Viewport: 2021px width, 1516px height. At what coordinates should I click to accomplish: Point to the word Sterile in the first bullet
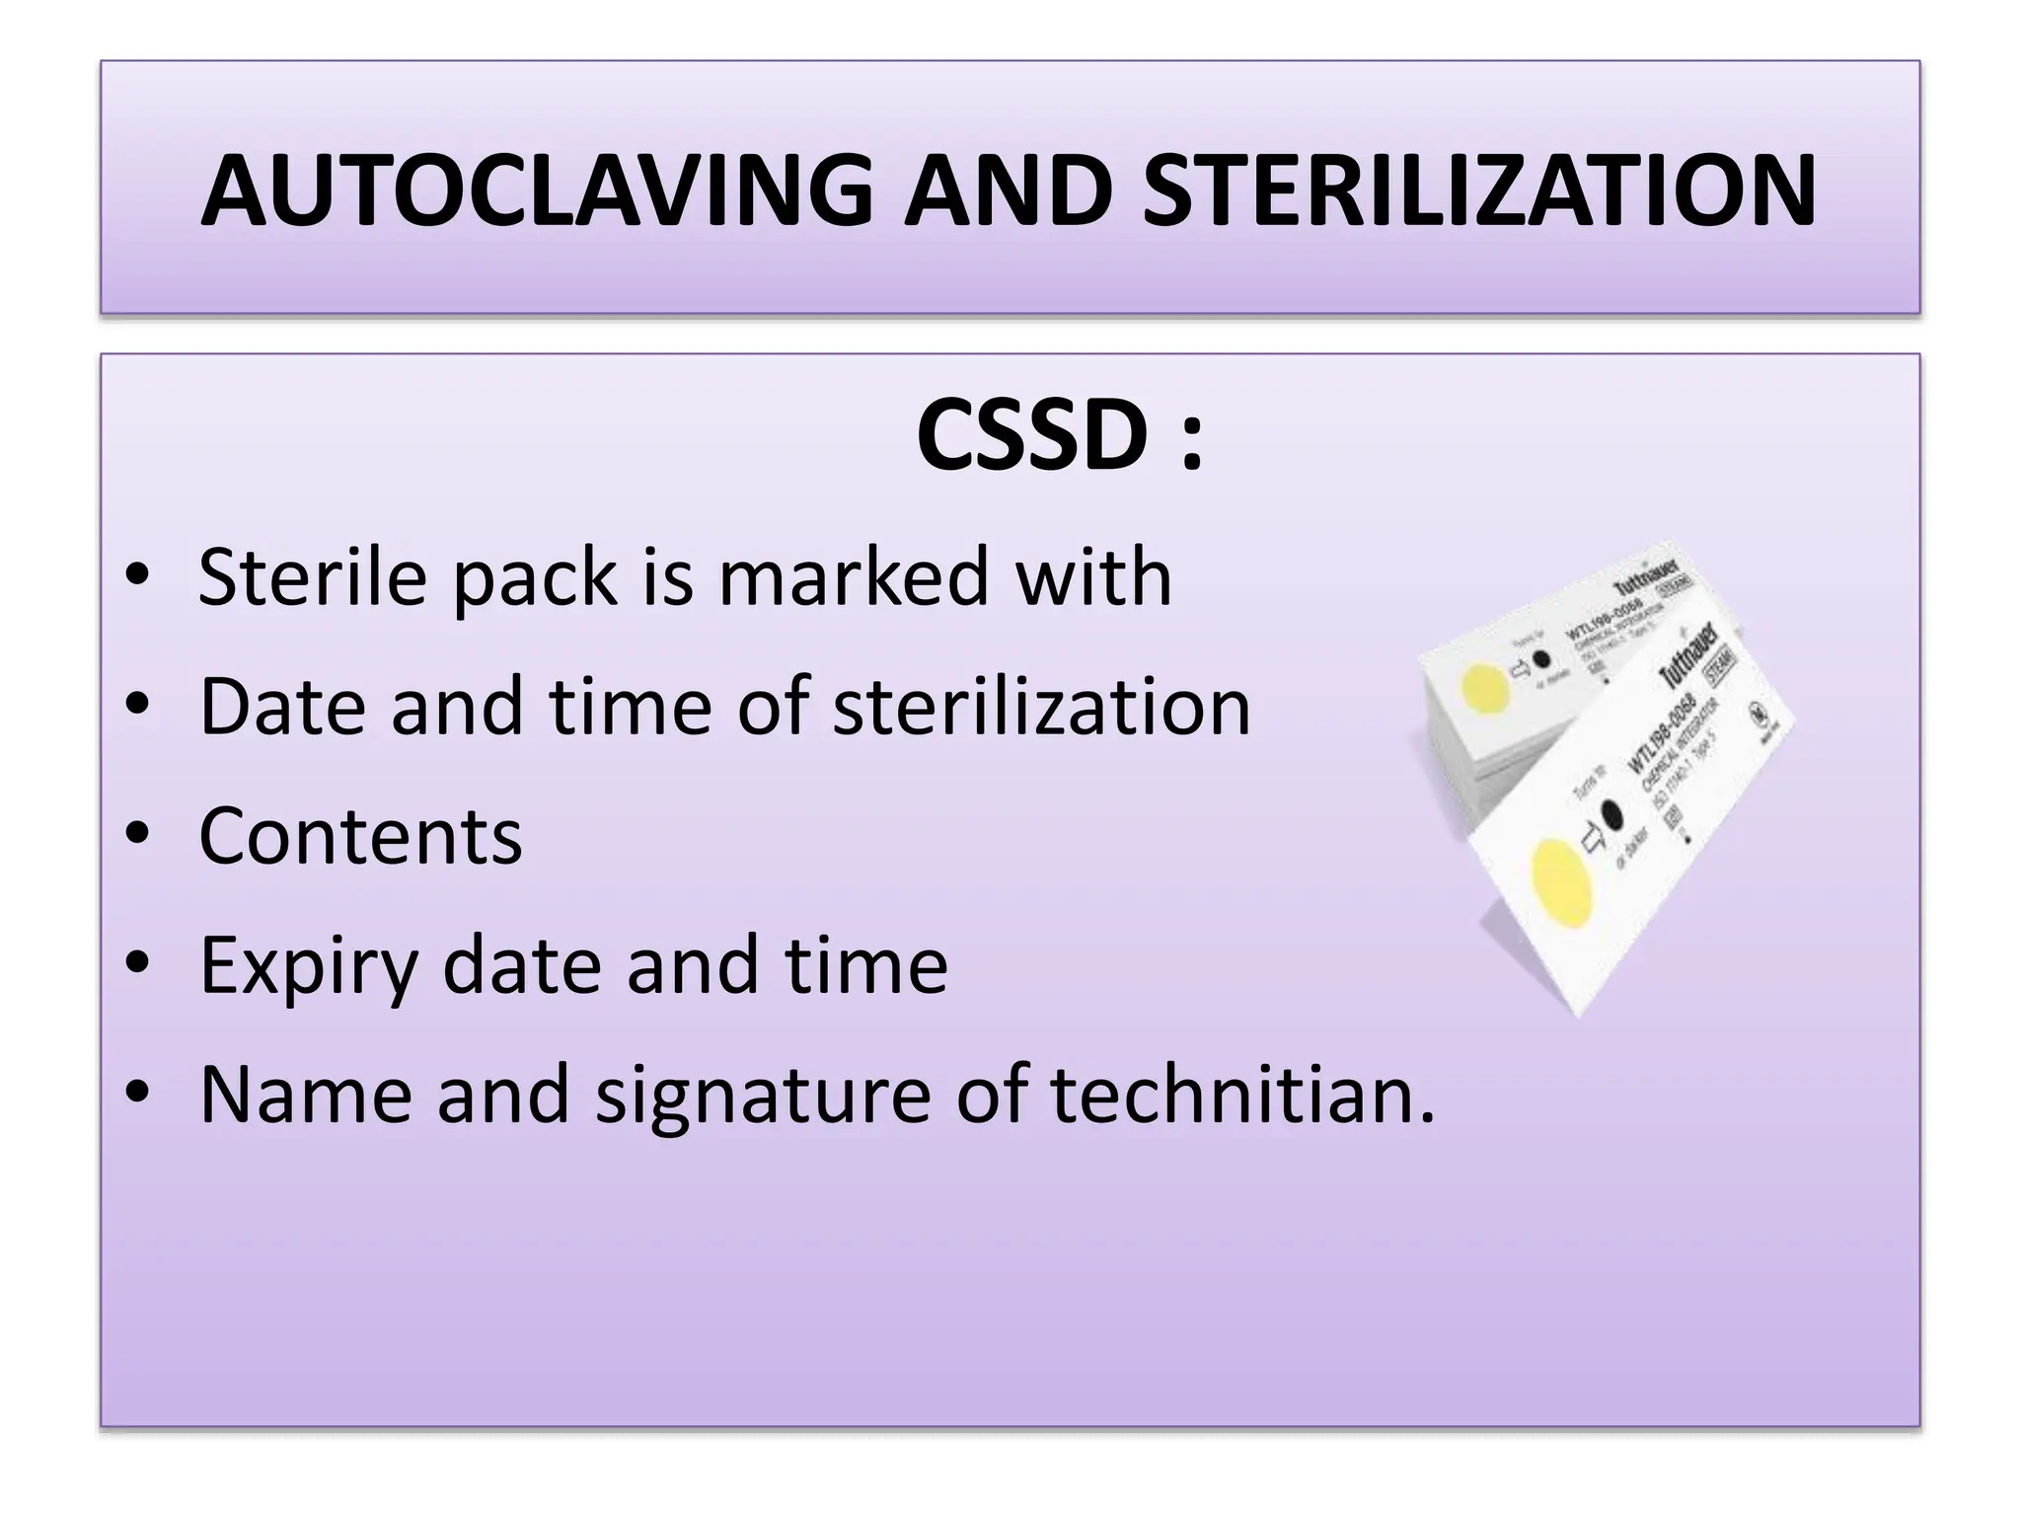point(312,576)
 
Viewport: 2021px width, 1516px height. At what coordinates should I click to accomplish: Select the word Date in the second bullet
point(280,707)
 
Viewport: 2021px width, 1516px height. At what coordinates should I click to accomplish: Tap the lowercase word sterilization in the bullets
point(1041,707)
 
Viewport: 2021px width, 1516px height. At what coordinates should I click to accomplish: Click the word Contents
point(360,837)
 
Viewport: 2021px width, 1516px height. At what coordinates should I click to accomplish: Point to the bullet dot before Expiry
point(138,963)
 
